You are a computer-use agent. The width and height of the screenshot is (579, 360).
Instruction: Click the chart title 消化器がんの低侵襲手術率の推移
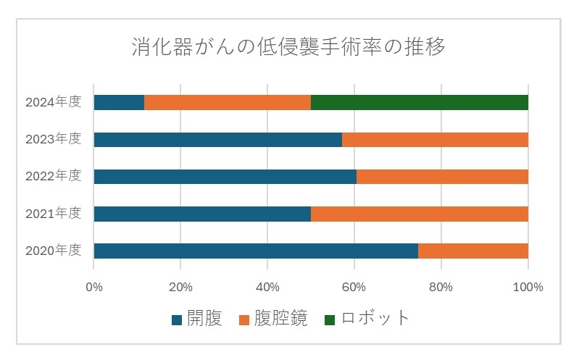[288, 47]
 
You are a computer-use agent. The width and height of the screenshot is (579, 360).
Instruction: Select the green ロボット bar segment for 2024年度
[419, 102]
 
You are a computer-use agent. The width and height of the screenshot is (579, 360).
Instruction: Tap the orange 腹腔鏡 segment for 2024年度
[228, 102]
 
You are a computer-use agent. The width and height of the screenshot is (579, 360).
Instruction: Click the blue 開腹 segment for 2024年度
[119, 102]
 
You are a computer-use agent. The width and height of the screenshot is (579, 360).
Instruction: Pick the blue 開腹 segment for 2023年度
[217, 140]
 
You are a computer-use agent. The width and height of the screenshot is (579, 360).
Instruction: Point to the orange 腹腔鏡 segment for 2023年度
[435, 140]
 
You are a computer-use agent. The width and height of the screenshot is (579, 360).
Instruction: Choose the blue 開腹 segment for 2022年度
[225, 177]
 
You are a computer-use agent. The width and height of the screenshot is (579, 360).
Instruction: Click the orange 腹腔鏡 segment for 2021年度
[419, 214]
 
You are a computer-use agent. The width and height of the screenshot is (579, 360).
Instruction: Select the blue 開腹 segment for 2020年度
[255, 251]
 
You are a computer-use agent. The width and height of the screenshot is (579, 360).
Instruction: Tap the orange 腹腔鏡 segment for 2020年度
[472, 251]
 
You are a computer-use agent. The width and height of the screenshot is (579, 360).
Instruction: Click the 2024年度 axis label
[53, 102]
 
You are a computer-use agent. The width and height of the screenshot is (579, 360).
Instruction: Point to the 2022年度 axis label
[53, 177]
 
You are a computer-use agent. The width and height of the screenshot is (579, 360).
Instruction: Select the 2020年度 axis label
[53, 251]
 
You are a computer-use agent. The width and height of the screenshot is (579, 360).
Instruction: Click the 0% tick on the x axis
[94, 287]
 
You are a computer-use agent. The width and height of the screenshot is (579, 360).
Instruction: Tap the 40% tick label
[267, 287]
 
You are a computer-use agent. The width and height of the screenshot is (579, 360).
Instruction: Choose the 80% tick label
[441, 287]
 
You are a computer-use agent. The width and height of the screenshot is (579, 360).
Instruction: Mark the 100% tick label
[528, 287]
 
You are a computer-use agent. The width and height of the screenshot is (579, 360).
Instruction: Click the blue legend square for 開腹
[177, 319]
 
